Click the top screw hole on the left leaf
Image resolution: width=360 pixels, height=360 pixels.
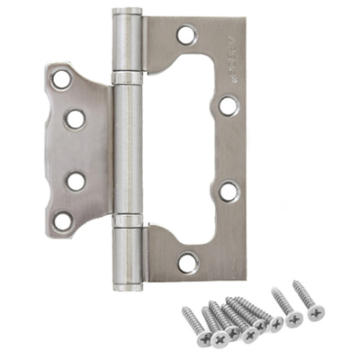point(61,79)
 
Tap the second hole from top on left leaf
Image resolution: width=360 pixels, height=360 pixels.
point(74,118)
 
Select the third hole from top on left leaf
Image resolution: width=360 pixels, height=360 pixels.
point(75,180)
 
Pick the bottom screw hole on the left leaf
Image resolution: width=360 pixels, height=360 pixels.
point(62,220)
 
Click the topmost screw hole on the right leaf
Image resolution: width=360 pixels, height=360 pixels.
point(187,37)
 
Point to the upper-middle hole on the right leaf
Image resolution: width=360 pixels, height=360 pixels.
point(229,105)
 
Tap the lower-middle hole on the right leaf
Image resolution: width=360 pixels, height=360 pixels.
point(229,191)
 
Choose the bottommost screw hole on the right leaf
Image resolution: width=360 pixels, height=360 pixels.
point(187,262)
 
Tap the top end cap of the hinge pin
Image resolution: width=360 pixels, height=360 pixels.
point(127,14)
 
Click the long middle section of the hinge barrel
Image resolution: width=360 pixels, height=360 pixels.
point(128,148)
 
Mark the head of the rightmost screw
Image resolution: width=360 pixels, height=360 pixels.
point(315,312)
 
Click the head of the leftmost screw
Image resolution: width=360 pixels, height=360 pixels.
point(204,338)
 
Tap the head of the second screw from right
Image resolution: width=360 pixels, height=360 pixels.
point(293,319)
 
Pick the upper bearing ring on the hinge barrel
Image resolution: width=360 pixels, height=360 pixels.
point(127,78)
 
